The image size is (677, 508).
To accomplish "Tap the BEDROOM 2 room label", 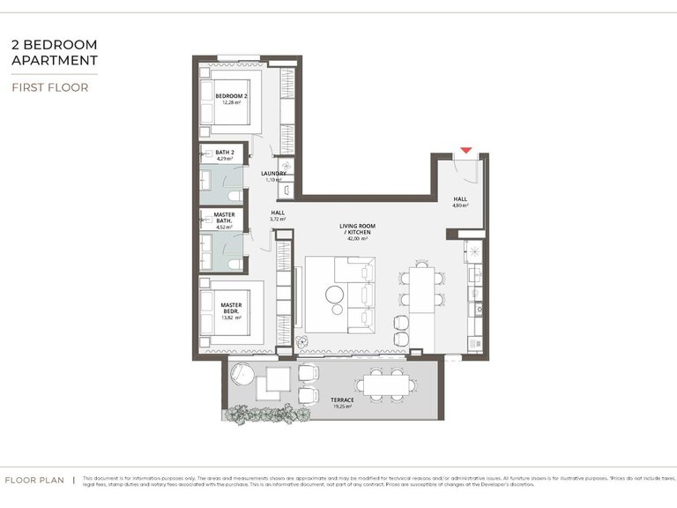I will point(232,95).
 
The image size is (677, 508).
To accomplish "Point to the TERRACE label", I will point(342,400).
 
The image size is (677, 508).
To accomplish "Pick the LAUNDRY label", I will point(274,174).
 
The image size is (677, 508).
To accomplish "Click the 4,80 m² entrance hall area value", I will point(460,205).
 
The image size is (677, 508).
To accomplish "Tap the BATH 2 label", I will point(226,153).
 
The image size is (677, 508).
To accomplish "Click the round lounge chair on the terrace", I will point(242,376).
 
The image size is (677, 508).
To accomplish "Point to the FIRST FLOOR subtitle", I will point(49,87).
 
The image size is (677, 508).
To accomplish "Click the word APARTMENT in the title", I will point(55,60).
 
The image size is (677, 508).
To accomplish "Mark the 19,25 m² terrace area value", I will point(342,407).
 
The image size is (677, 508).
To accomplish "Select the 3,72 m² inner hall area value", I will point(278,219).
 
